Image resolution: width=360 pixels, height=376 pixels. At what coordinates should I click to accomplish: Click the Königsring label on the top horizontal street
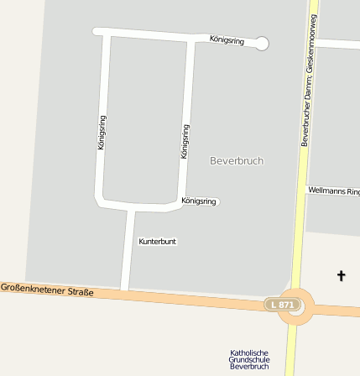pyautogui.click(x=227, y=39)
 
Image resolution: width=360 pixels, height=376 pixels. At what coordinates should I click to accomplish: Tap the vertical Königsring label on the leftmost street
pyautogui.click(x=102, y=133)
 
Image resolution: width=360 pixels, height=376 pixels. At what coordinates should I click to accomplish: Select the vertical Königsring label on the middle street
pyautogui.click(x=185, y=141)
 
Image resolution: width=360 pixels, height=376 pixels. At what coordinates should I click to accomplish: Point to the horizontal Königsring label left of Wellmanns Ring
pyautogui.click(x=199, y=201)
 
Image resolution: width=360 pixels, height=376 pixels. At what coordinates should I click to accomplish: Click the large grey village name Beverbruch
pyautogui.click(x=237, y=160)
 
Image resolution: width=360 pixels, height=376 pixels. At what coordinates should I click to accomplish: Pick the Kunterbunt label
pyautogui.click(x=157, y=242)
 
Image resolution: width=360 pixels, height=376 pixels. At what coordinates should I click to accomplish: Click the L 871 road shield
pyautogui.click(x=282, y=304)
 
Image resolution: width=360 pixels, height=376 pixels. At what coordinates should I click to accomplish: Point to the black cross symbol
pyautogui.click(x=341, y=275)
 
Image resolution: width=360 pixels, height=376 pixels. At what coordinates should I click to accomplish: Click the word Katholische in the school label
pyautogui.click(x=249, y=353)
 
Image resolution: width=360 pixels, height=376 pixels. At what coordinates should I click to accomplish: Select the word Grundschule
pyautogui.click(x=249, y=360)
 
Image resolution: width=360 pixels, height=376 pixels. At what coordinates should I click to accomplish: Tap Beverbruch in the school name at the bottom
pyautogui.click(x=249, y=367)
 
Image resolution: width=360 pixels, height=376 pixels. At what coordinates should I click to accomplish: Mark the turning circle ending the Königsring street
pyautogui.click(x=262, y=43)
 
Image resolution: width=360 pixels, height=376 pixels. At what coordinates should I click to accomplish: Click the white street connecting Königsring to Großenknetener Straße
pyautogui.click(x=128, y=252)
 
